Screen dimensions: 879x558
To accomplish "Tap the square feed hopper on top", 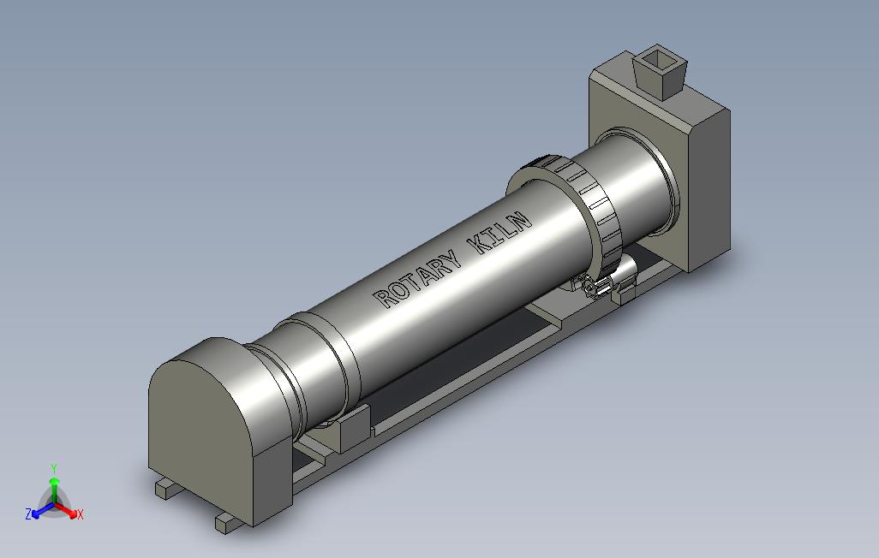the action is pyautogui.click(x=660, y=72).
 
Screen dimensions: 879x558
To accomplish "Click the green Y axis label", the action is pyautogui.click(x=54, y=468).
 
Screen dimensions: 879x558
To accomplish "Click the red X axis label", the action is pyautogui.click(x=81, y=514).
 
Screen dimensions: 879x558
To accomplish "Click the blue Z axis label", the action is pyautogui.click(x=28, y=513).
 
